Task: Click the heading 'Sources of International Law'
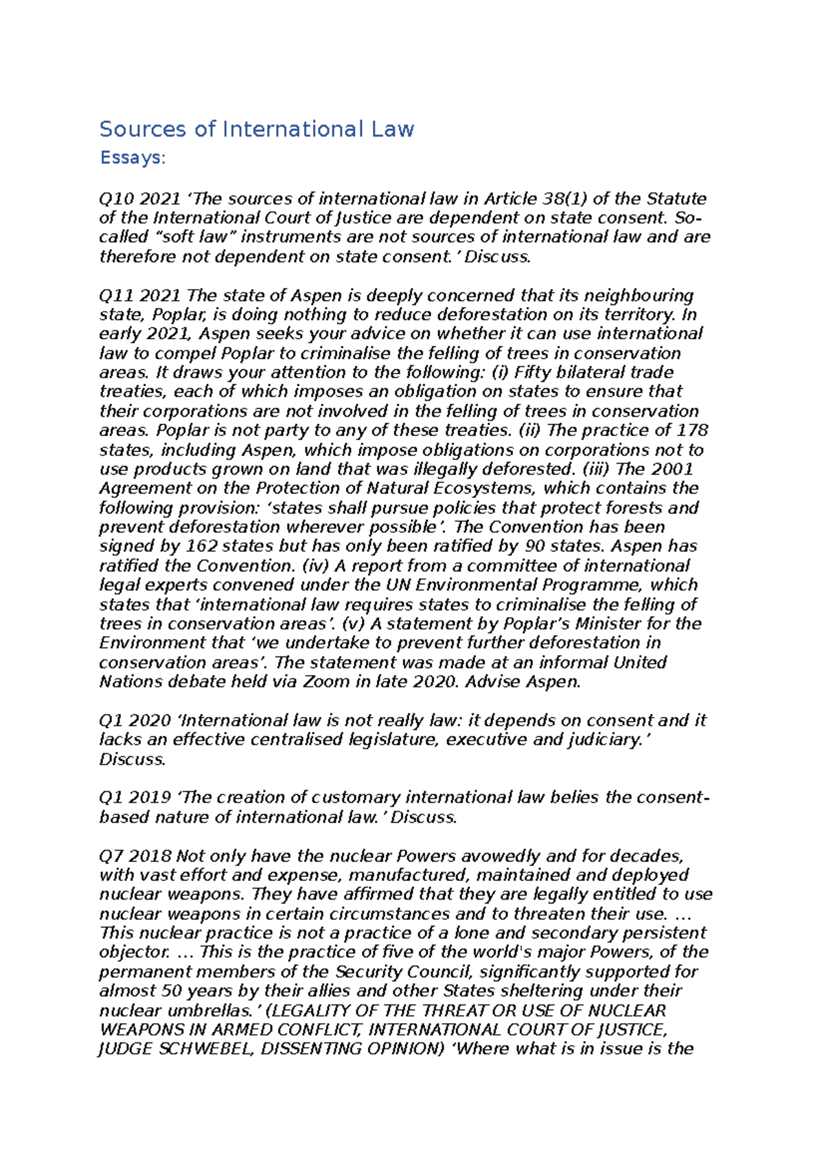[x=256, y=129]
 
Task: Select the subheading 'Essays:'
[x=133, y=158]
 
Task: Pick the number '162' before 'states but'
[x=202, y=547]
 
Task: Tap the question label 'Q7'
[x=111, y=856]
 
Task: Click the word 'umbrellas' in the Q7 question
[x=224, y=1011]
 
